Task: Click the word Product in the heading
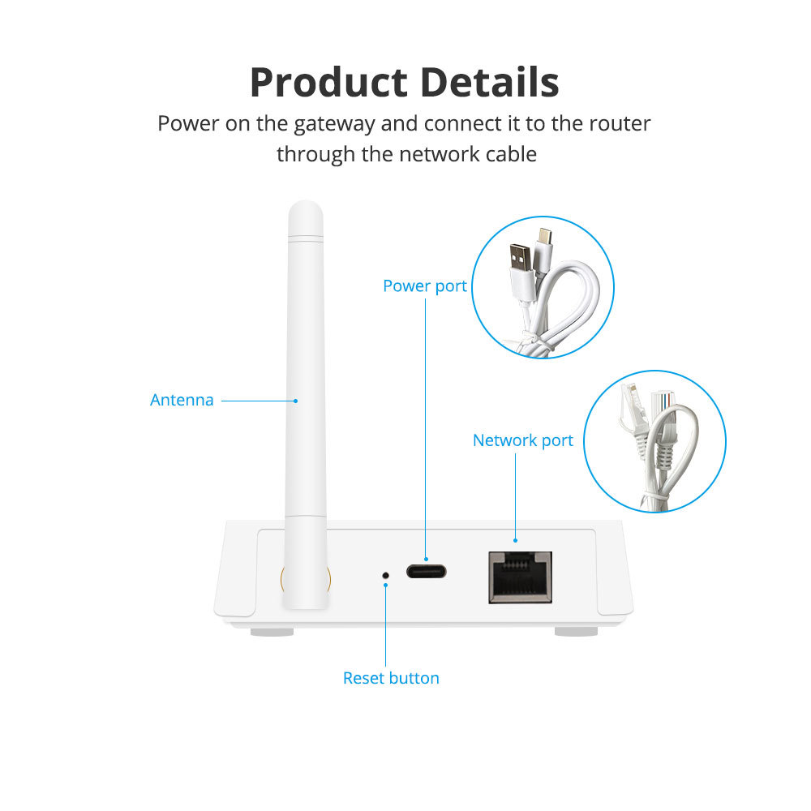(x=328, y=82)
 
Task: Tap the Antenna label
(x=182, y=400)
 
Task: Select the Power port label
(x=424, y=286)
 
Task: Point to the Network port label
(x=522, y=440)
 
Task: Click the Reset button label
(x=391, y=678)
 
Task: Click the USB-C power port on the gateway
(x=426, y=571)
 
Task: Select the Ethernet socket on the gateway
(x=520, y=577)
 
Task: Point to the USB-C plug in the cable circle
(x=543, y=239)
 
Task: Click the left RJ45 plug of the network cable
(x=630, y=405)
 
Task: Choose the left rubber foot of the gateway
(x=271, y=630)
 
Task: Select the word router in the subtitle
(x=620, y=124)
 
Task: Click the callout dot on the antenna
(x=296, y=400)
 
